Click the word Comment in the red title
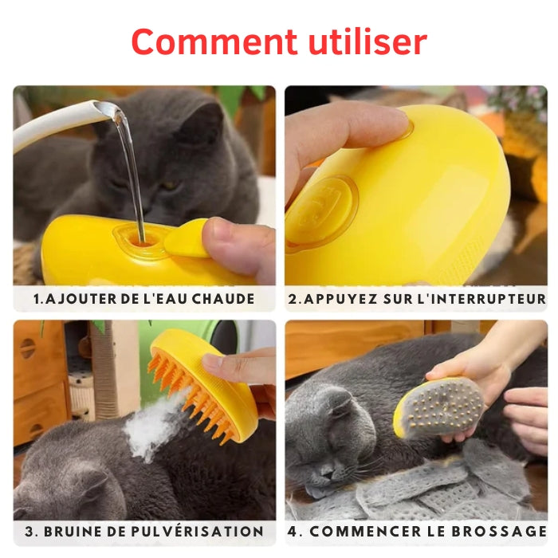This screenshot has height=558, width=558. click(214, 42)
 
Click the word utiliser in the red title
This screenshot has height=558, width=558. click(367, 41)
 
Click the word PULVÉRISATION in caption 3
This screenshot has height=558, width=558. click(198, 532)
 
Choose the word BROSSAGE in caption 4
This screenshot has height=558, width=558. click(499, 532)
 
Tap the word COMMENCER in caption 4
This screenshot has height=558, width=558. click(366, 532)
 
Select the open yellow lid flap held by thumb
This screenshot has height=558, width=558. click(186, 238)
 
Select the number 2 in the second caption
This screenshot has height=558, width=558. click(293, 299)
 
